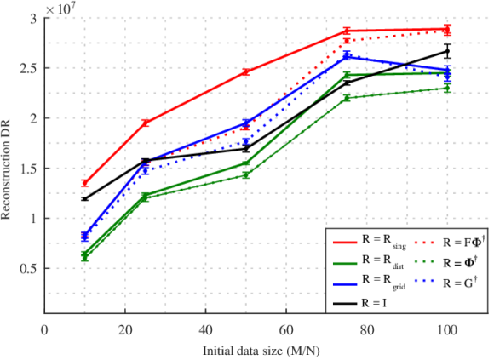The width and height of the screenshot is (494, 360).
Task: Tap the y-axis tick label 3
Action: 33,19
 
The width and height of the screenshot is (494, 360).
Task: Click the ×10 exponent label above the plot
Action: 59,8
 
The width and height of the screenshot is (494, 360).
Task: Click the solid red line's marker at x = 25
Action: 145,123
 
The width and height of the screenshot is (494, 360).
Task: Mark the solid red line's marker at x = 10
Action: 84,183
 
